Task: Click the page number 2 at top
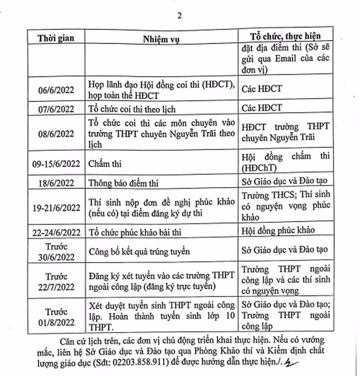[180, 16]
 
